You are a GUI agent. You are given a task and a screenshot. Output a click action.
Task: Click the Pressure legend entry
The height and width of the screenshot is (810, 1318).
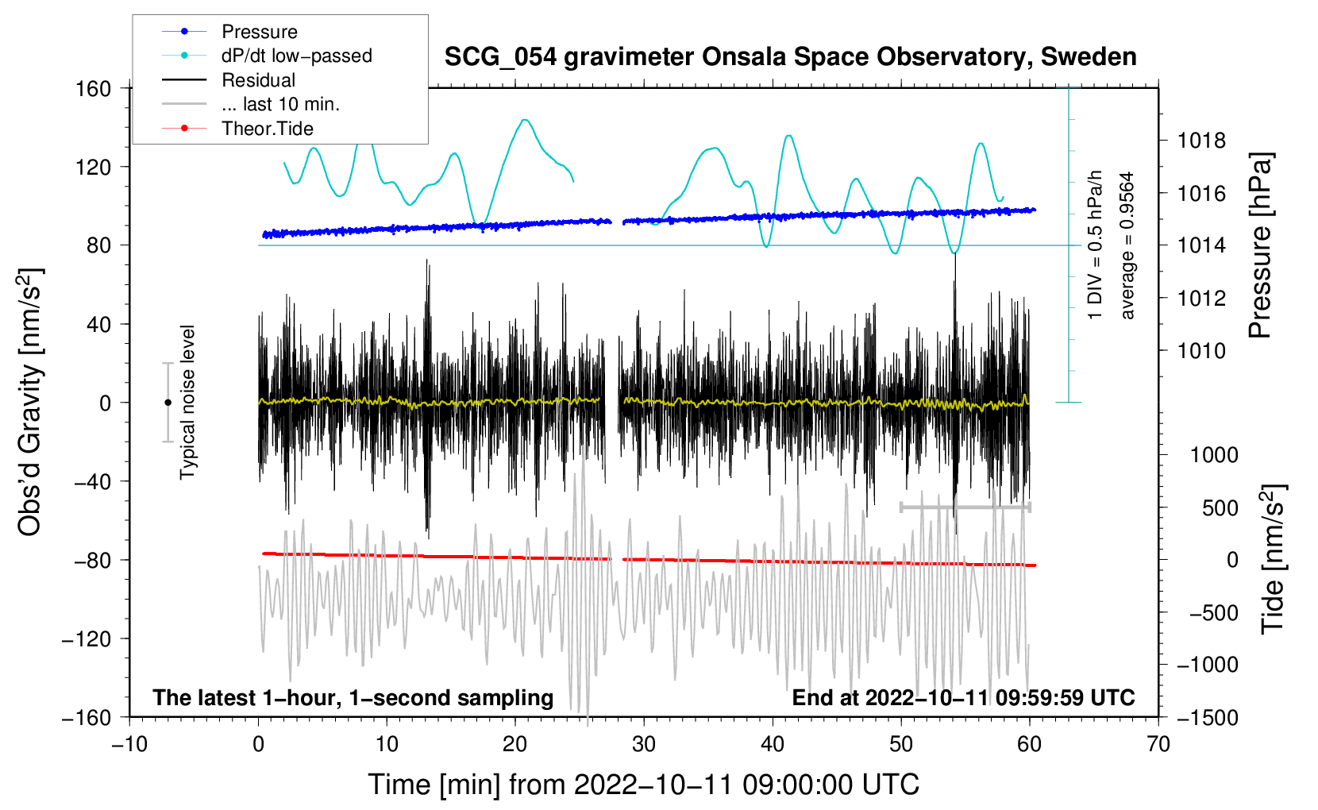pos(230,31)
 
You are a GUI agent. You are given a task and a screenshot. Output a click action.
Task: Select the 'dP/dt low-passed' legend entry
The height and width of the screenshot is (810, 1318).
pos(267,56)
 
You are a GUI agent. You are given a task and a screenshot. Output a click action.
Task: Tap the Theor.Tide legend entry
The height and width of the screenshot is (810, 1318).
pos(237,129)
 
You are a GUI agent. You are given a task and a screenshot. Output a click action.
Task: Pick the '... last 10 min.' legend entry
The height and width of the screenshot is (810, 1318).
pos(251,104)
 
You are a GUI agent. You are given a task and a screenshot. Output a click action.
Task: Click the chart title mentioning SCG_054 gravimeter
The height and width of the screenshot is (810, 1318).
pos(790,57)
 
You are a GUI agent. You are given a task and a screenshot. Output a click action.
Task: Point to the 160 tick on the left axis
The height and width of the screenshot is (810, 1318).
pos(94,89)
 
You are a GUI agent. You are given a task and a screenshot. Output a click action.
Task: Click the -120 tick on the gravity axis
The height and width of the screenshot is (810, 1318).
pos(87,638)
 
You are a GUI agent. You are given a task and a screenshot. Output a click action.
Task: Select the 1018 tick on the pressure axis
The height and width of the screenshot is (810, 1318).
pos(1201,141)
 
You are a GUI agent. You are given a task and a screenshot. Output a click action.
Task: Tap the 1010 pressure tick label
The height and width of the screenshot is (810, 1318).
pos(1201,351)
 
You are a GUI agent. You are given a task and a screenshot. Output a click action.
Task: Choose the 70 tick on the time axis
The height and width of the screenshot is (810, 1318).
pos(1158,744)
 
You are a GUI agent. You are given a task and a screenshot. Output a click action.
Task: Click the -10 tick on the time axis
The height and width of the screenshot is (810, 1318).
pos(129,744)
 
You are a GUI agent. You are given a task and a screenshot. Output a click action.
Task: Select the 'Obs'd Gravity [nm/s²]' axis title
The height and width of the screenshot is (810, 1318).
pos(30,403)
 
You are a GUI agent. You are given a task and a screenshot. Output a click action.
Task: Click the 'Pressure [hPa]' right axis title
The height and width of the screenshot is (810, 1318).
pos(1261,245)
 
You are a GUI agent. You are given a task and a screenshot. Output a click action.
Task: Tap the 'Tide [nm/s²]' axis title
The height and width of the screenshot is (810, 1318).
pos(1273,559)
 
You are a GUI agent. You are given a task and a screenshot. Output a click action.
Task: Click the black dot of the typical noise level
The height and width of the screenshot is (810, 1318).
pos(168,403)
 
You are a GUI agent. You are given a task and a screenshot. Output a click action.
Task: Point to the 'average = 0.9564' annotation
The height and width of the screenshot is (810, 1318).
pos(1127,245)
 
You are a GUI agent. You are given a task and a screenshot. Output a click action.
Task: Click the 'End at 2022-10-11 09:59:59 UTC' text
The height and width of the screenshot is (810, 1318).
pos(963,697)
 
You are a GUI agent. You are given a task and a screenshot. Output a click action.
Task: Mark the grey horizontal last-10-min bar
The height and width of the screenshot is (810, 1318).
pos(965,507)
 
